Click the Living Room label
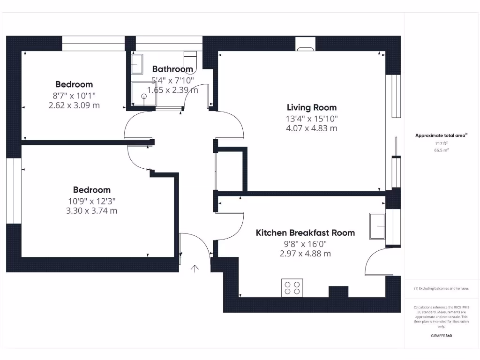pos(312,107)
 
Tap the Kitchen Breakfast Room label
pos(305,232)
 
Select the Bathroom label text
pos(172,69)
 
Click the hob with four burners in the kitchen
pos(292,287)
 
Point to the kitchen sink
pos(377,226)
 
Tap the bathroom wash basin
pos(136,64)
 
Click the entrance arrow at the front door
pos(195,268)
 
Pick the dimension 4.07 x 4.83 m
pos(312,128)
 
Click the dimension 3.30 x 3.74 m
pos(92,210)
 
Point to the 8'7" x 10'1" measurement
pos(74,95)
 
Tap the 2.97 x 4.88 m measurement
pos(305,254)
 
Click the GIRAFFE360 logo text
pos(441,336)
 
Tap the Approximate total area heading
pos(441,135)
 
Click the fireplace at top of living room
pos(306,47)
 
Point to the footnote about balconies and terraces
pos(441,288)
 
